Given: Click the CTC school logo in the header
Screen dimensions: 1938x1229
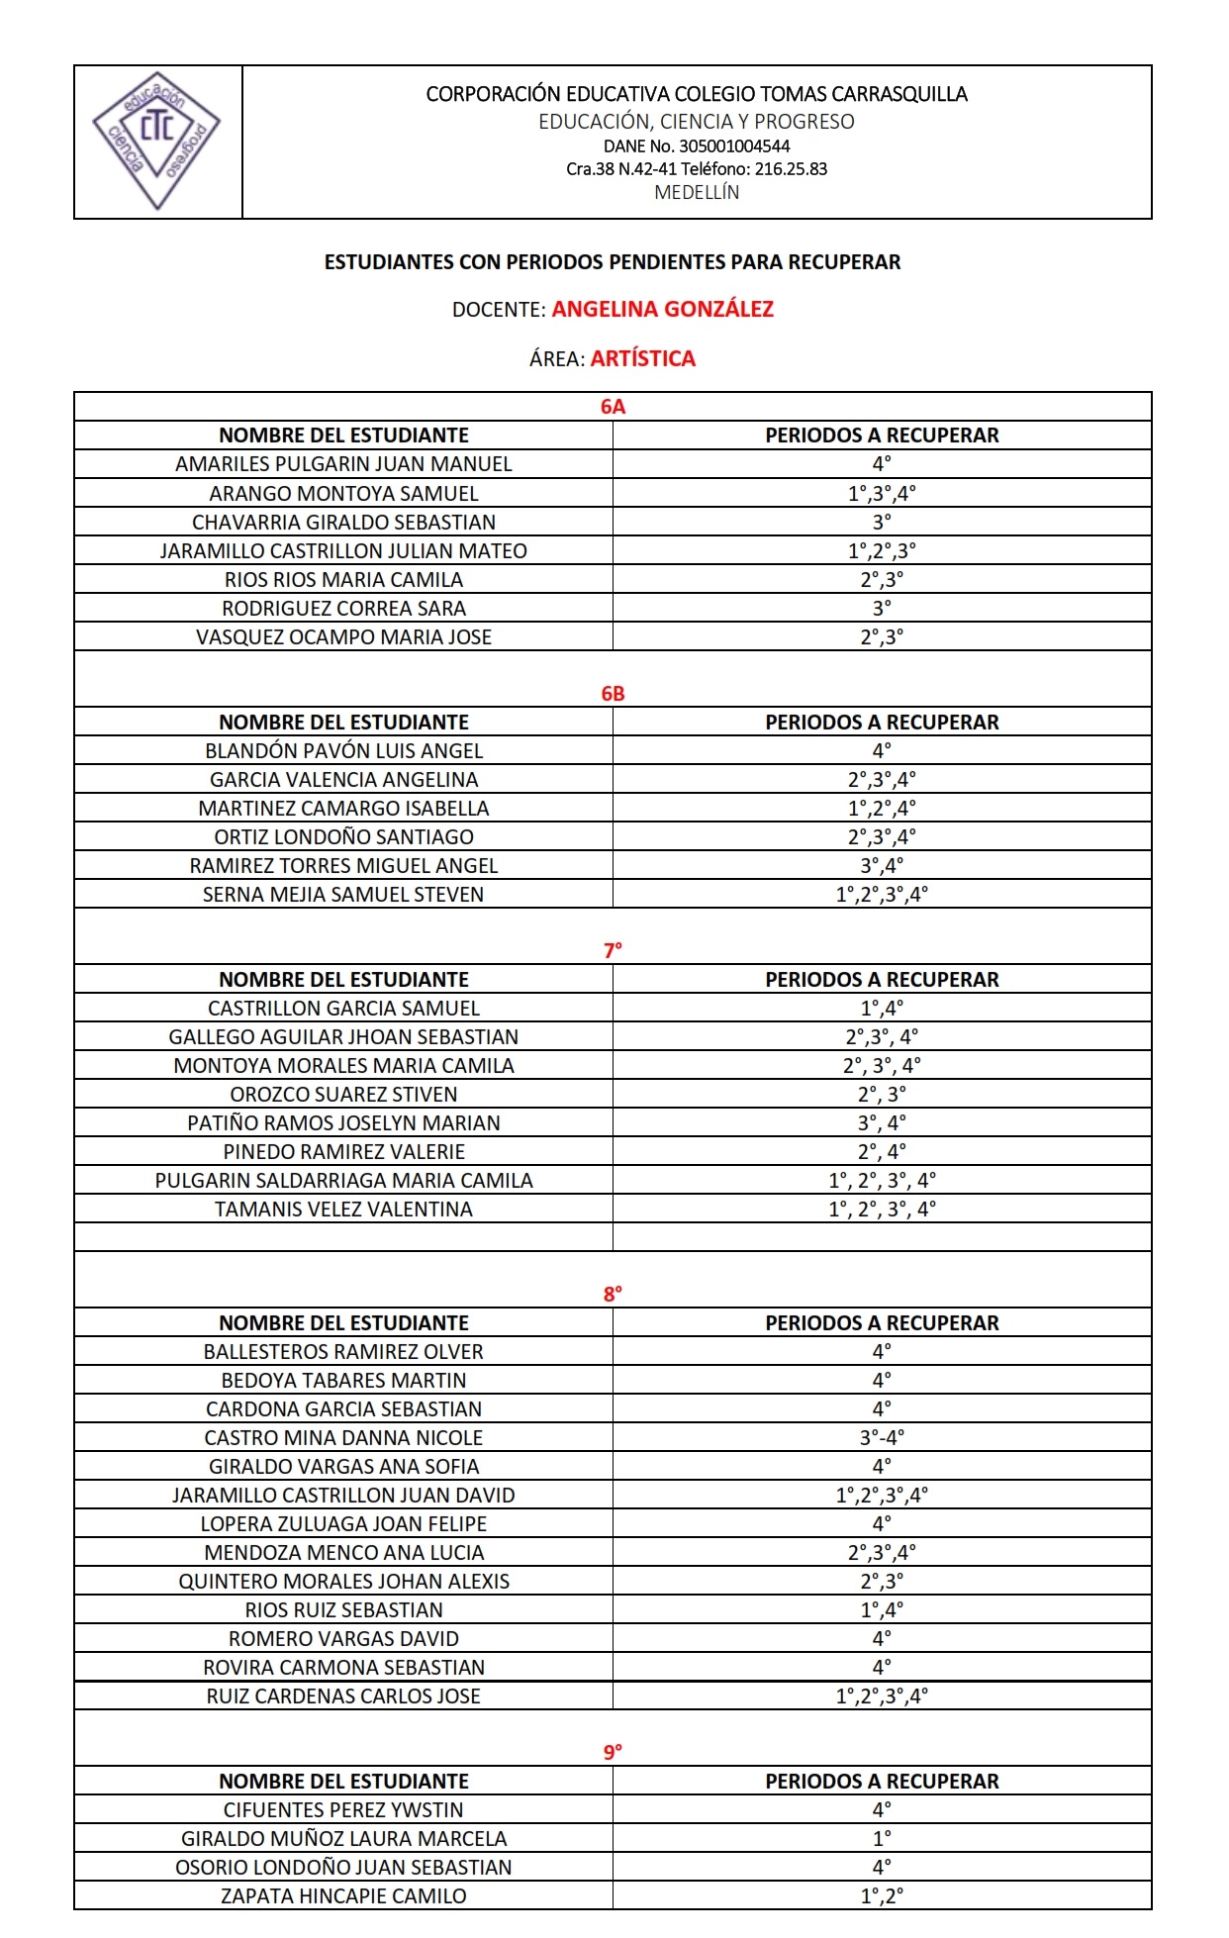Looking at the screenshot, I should coord(156,141).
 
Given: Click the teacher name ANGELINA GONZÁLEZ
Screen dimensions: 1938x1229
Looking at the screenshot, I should coord(662,309).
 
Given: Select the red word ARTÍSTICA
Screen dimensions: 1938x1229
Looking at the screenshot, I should coord(643,358).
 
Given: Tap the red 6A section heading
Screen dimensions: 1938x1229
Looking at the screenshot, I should coord(613,407).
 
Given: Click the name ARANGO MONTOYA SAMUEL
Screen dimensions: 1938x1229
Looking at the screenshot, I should coord(343,493).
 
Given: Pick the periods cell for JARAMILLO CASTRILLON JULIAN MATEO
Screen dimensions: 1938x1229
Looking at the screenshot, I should coord(882,550).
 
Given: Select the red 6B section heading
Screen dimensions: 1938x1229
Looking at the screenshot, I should coord(613,693).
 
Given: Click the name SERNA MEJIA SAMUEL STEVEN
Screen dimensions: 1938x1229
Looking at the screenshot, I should coord(343,894).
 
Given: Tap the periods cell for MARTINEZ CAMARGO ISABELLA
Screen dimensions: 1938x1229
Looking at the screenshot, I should coord(882,808).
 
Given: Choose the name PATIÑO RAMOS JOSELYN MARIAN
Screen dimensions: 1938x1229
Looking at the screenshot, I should coord(343,1122).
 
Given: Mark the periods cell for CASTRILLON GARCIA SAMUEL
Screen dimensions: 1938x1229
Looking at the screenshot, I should coord(882,1008).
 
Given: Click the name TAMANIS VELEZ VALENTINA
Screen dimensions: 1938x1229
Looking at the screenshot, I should coord(343,1209).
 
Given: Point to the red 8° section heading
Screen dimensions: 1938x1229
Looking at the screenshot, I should coord(613,1294).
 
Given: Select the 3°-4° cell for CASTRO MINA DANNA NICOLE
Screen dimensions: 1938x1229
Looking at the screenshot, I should coord(882,1437).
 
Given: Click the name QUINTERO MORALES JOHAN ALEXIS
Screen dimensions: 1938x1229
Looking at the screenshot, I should coord(343,1581).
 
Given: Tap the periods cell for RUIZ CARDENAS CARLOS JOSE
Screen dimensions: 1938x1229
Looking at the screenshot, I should coord(882,1696).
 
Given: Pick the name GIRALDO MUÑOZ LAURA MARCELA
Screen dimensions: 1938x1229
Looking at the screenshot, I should coord(343,1838).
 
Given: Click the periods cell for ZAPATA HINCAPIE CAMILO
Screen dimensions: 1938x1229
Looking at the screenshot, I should coord(882,1895).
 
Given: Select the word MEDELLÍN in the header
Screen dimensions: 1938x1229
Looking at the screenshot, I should coord(697,192).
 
